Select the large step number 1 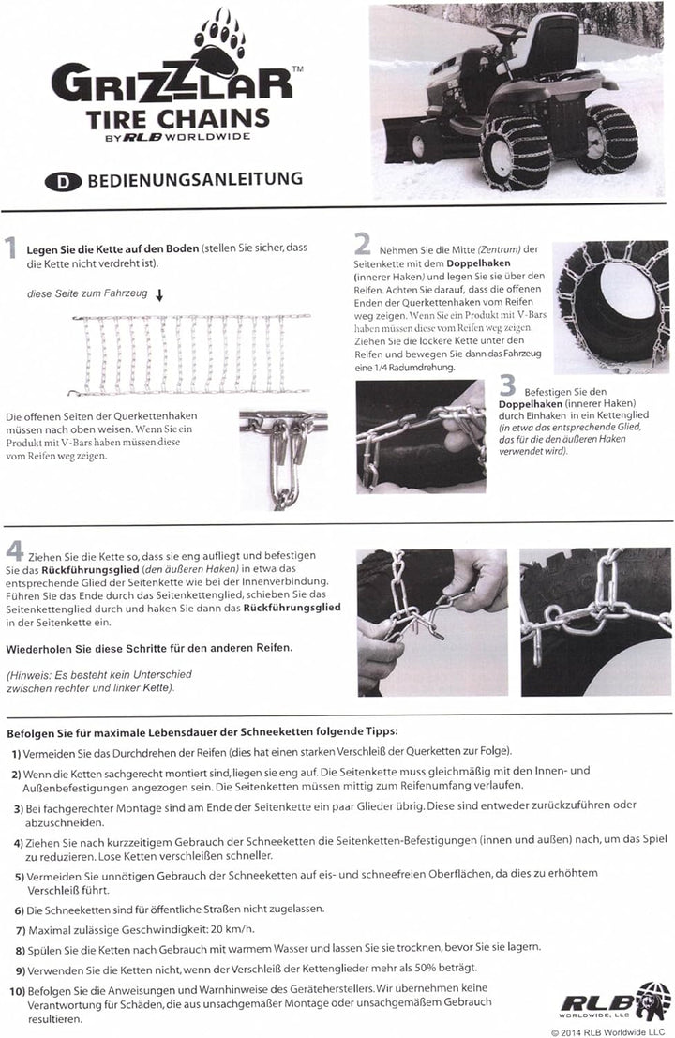pyautogui.click(x=11, y=250)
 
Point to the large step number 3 pyautogui.click(x=508, y=384)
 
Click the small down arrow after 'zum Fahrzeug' pyautogui.click(x=159, y=295)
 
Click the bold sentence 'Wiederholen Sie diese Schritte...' pyautogui.click(x=147, y=649)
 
